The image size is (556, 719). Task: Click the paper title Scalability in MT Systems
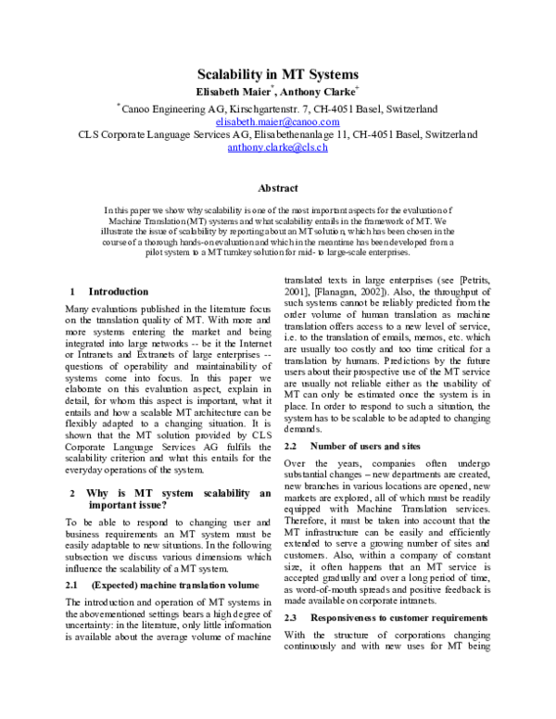277,74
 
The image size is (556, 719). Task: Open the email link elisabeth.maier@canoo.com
277,121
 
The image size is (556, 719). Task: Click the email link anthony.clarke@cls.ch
277,147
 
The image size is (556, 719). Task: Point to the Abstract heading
277,186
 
